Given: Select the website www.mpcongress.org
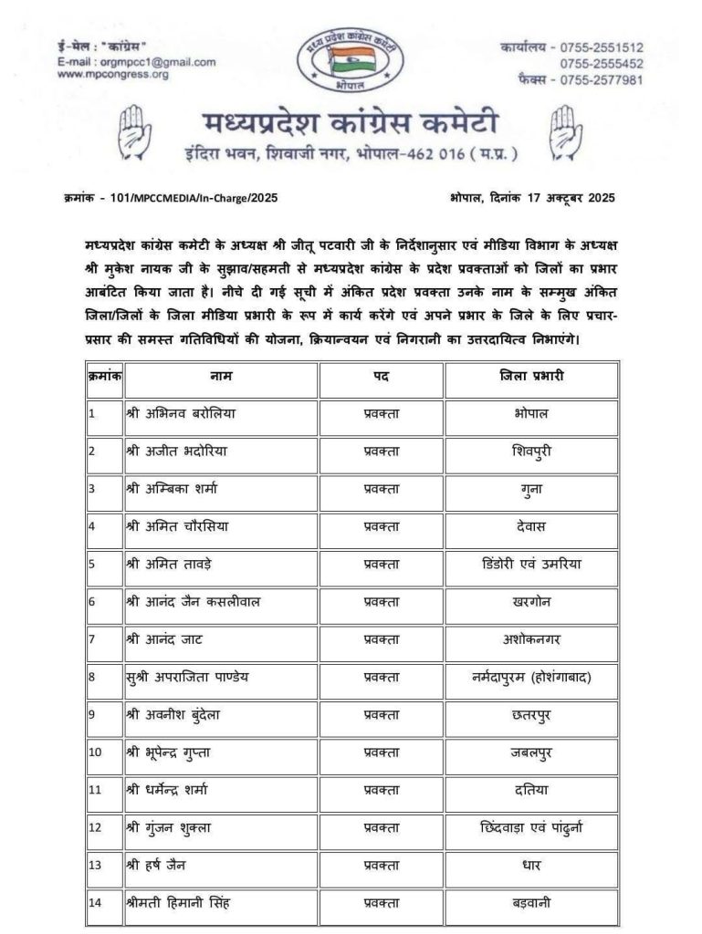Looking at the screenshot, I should tap(113, 75).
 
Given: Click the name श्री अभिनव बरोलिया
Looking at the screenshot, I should tap(181, 413).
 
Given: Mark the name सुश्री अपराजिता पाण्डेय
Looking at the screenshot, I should tap(192, 677).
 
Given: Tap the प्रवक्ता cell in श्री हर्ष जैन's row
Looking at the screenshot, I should tap(382, 866).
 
